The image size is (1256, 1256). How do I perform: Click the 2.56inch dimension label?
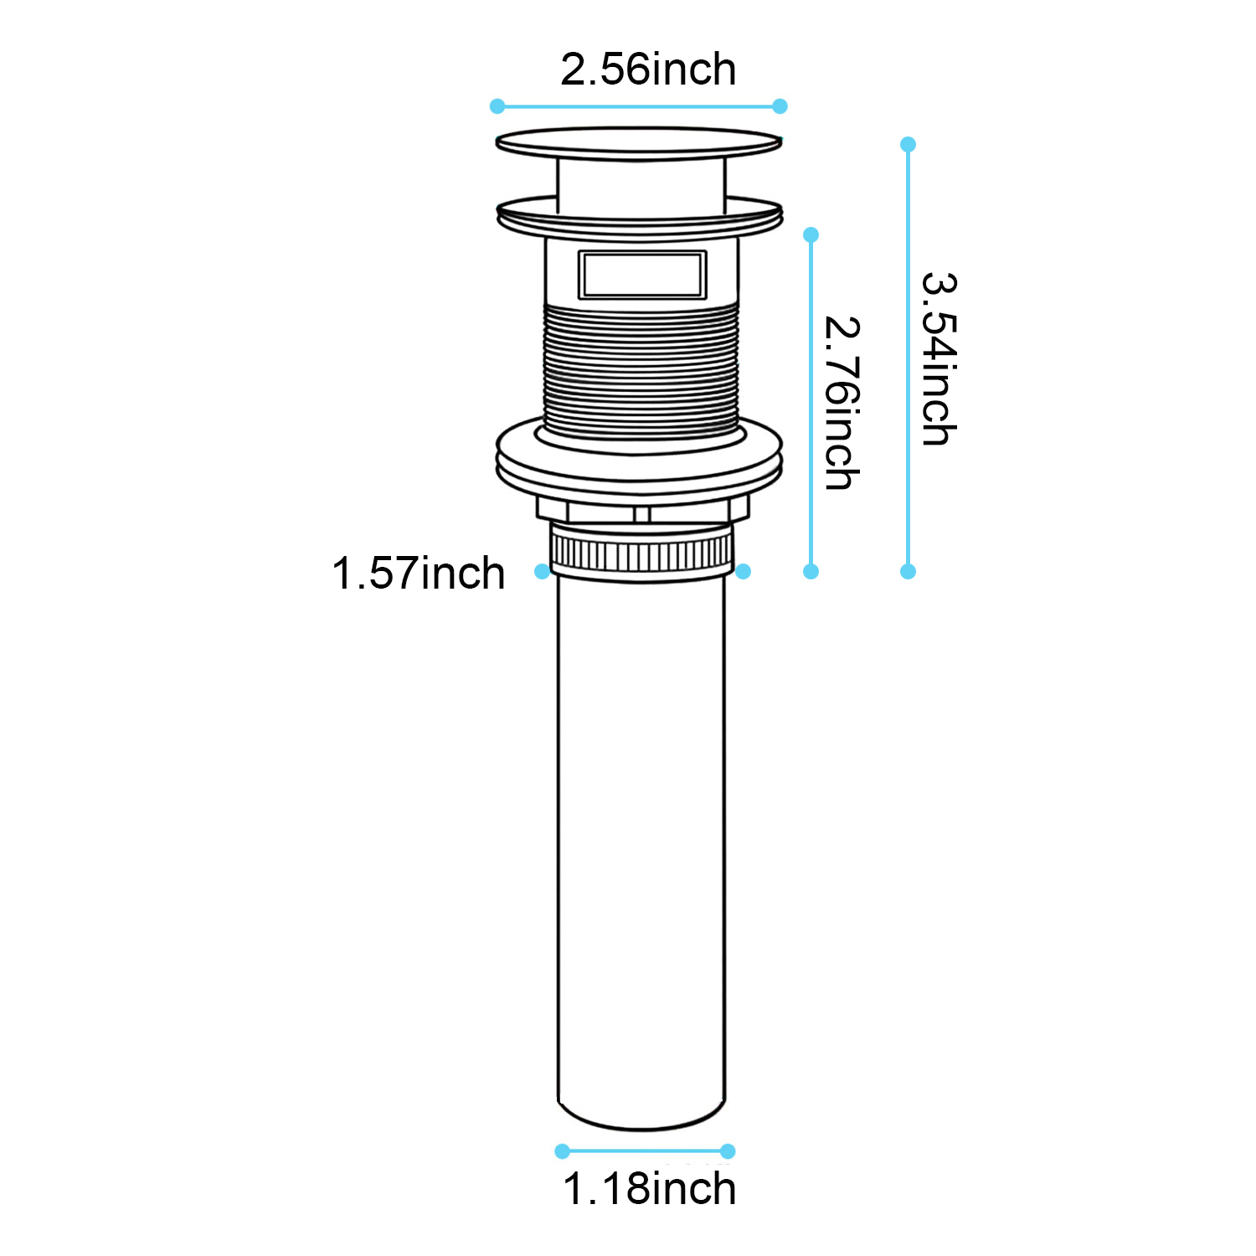click(x=648, y=69)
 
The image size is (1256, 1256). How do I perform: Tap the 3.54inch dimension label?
click(x=939, y=358)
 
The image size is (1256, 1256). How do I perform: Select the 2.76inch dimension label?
click(x=842, y=403)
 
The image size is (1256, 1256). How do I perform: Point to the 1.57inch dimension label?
click(x=419, y=574)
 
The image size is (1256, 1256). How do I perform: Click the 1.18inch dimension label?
click(x=650, y=1189)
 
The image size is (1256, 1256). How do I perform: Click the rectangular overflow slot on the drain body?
click(x=642, y=275)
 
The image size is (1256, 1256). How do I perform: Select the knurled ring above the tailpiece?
click(x=641, y=553)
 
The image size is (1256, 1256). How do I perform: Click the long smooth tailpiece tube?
click(x=641, y=850)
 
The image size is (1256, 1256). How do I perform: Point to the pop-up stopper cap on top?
click(x=639, y=144)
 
